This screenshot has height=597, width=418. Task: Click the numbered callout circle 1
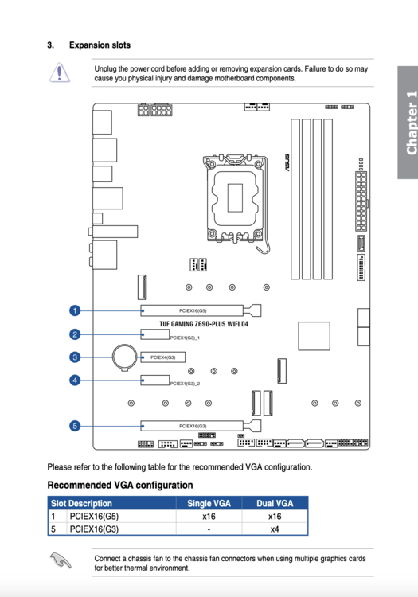(x=75, y=310)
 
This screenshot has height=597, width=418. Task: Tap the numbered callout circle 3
(x=75, y=357)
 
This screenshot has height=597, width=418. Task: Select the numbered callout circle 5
(x=75, y=426)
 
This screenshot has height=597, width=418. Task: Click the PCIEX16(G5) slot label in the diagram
(x=193, y=310)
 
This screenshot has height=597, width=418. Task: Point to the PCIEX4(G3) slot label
(x=163, y=357)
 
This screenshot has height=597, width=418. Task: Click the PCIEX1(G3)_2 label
(x=185, y=384)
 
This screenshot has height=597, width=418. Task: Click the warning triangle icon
(x=60, y=72)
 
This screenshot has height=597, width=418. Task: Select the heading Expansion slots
(x=100, y=45)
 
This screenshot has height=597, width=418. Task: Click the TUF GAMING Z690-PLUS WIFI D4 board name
(x=204, y=324)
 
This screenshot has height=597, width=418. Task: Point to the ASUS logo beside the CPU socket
(x=287, y=162)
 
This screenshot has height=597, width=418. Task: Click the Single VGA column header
(x=209, y=503)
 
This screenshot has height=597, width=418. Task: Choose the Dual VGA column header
(x=275, y=503)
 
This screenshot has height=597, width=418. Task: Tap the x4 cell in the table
(x=275, y=529)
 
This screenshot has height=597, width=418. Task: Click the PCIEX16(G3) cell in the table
(x=94, y=529)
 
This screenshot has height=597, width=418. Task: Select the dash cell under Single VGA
(x=209, y=529)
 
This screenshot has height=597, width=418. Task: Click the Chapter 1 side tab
(x=408, y=123)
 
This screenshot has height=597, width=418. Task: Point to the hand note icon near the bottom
(x=61, y=560)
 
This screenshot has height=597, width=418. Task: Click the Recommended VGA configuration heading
(x=120, y=485)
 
